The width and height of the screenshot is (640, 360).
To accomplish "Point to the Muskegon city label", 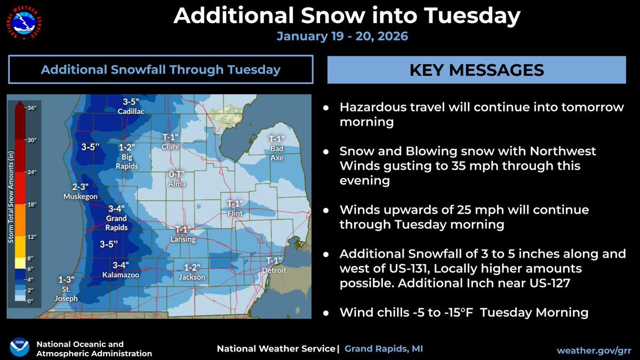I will [80, 196].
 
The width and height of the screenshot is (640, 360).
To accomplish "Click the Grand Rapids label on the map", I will [116, 223].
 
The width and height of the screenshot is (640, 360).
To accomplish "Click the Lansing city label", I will [183, 239].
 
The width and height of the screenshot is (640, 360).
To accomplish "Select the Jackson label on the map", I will [191, 277].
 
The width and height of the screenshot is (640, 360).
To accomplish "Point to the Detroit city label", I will [274, 270].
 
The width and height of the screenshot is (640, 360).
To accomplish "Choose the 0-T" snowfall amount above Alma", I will [177, 174].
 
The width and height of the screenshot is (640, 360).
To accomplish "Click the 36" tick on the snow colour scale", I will [32, 108].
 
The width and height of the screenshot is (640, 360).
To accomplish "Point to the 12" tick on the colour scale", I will [32, 236].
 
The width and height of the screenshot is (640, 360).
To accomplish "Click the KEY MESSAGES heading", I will [476, 70].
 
